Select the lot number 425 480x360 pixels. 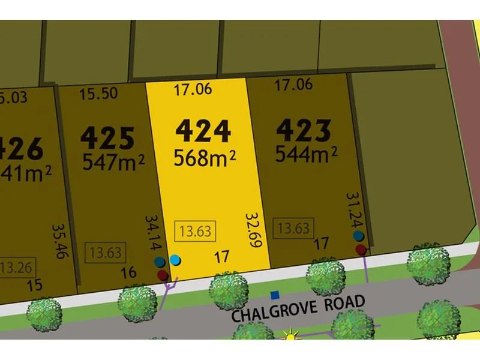coord(107,138)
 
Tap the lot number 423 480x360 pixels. coord(304,130)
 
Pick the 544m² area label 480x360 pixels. coord(306,155)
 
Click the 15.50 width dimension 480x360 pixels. coord(98,94)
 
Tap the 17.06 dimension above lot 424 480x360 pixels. coord(193,90)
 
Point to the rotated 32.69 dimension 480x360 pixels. coord(253,231)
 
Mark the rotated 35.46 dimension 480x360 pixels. coord(59,242)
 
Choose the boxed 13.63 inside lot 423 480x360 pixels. coord(294,228)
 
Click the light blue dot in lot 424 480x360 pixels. coord(175,260)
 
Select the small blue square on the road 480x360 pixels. coord(275,295)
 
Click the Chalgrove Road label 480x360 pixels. coord(298,308)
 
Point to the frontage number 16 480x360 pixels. coord(128,273)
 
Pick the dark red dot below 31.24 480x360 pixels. coord(361,249)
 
